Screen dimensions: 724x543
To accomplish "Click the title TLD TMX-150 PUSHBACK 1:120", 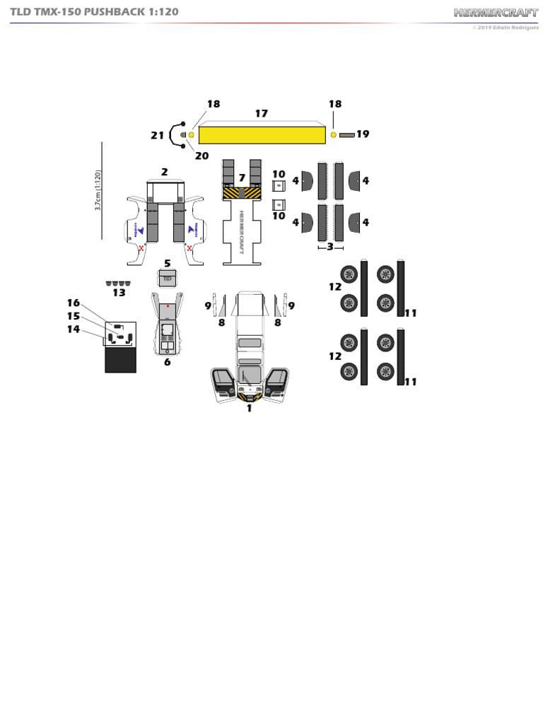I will pos(94,12).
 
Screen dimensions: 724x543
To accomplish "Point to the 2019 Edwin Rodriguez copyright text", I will pos(506,28).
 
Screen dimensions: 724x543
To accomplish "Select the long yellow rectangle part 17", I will pos(262,134).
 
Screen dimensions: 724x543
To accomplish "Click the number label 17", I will pos(262,113).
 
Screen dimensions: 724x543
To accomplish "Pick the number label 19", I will pos(363,134).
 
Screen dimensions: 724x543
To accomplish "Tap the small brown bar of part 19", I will pos(346,134).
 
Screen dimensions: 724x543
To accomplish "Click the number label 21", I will pos(157,135).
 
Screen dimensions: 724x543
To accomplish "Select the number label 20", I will pos(202,156).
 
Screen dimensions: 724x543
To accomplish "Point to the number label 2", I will pos(164,172).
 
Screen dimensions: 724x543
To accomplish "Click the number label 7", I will pos(242,178).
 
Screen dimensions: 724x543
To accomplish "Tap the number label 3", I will pos(329,247).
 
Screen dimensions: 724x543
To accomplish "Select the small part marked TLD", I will pos(168,279).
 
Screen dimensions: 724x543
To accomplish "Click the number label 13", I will pos(119,292).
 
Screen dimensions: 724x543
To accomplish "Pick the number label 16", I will pos(74,303).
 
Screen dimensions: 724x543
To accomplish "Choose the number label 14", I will pos(74,329).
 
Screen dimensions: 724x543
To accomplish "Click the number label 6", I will pos(168,362).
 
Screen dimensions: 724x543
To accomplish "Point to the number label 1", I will pos(249,408).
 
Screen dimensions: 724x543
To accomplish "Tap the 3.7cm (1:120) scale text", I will pos(98,189).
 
